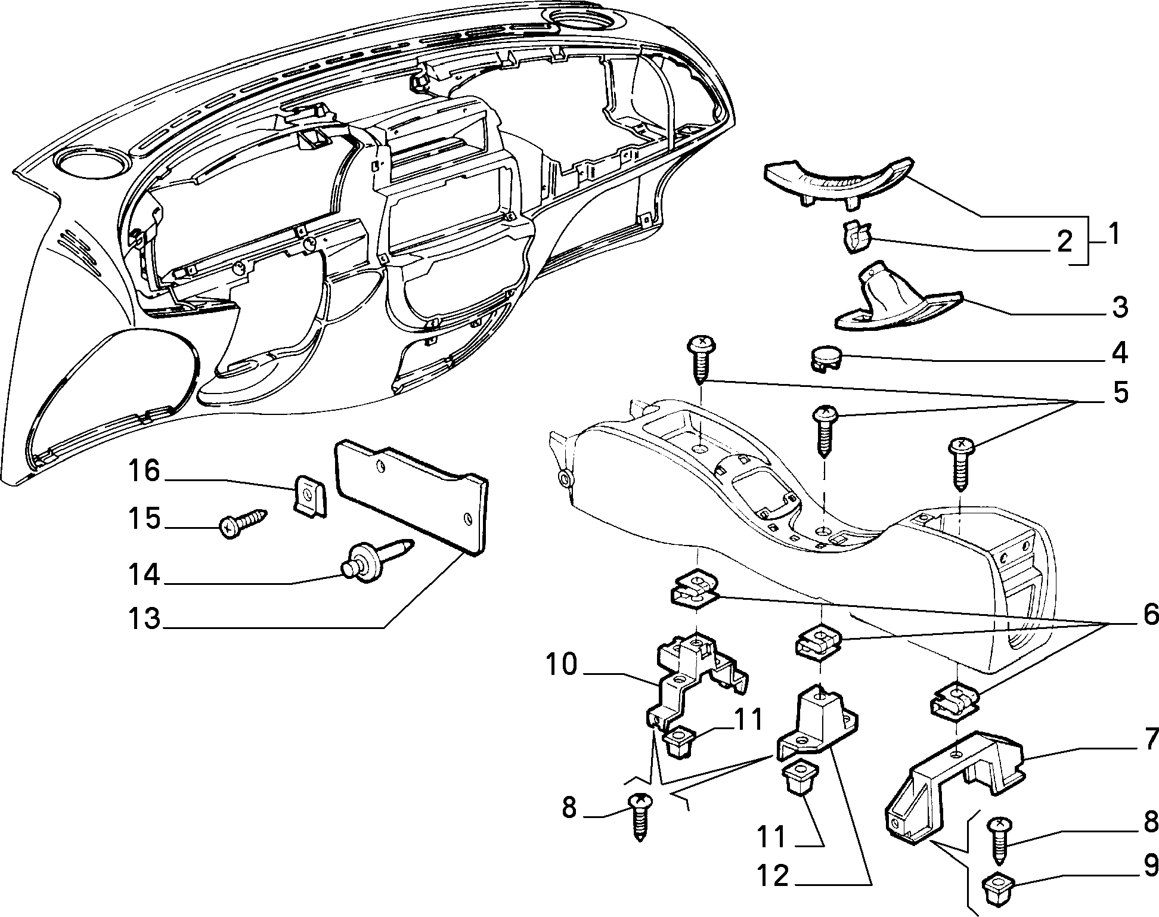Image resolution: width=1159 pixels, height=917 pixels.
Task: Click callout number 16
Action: [144, 472]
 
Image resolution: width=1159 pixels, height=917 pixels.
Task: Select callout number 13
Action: [144, 618]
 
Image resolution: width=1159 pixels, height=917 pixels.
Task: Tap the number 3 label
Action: [1120, 308]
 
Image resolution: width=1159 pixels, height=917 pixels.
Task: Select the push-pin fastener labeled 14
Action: [374, 558]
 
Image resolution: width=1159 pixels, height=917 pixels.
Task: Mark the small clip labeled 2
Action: [857, 237]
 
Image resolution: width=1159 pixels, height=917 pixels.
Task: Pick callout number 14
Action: [144, 575]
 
